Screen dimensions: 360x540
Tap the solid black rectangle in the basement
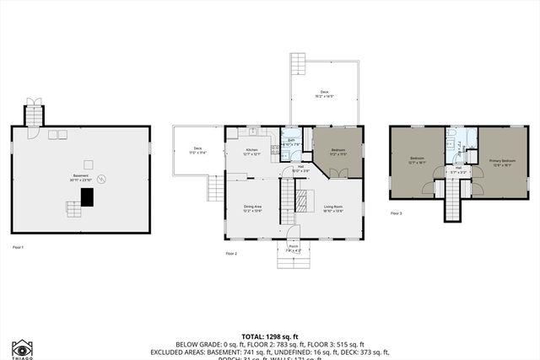click(86, 196)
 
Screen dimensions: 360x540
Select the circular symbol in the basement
click(103, 179)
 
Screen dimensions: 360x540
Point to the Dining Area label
click(252, 207)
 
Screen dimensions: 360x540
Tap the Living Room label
click(332, 207)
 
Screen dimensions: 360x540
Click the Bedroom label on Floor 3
click(417, 159)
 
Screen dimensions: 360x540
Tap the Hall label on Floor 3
click(458, 169)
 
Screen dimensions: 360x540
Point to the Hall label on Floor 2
click(301, 169)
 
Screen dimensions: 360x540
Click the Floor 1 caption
click(18, 246)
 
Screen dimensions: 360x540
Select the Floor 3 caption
click(397, 213)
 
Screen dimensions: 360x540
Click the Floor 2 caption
click(231, 253)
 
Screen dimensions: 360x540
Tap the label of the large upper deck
click(324, 94)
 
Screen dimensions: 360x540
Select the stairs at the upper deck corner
click(298, 64)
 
